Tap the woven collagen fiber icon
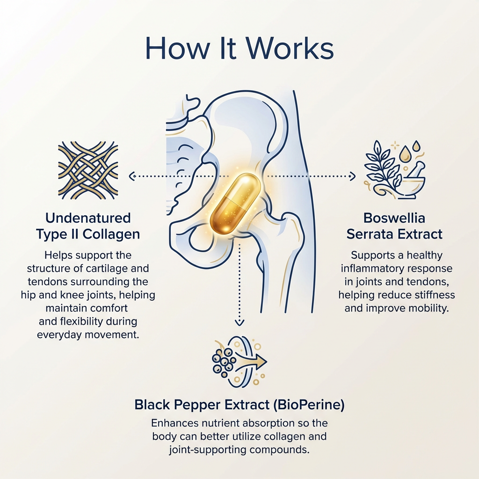click(x=88, y=170)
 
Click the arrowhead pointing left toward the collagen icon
click(x=132, y=176)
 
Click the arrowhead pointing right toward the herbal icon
click(x=352, y=176)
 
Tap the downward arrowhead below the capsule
click(x=239, y=323)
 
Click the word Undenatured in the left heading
click(x=88, y=218)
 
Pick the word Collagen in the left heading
click(x=111, y=234)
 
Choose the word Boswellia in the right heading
click(x=394, y=218)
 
